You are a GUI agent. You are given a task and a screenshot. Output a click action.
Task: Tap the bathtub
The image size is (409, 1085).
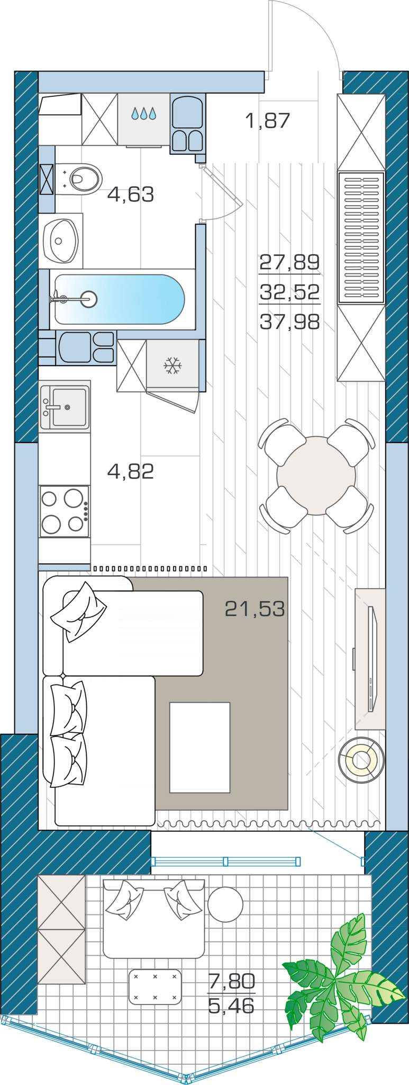[120, 299]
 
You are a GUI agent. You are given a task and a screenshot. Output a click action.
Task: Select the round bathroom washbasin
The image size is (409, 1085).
[61, 241]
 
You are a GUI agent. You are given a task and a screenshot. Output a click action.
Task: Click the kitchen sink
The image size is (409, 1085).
[64, 406]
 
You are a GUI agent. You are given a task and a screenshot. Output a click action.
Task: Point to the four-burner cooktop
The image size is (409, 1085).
[64, 512]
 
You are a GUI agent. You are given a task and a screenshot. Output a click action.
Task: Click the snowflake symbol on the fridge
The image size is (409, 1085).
[172, 366]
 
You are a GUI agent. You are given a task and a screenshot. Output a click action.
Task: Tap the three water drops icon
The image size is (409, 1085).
[144, 113]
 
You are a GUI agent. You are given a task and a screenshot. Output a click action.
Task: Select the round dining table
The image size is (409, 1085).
[316, 475]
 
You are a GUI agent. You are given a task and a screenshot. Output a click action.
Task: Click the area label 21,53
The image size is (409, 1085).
[255, 609]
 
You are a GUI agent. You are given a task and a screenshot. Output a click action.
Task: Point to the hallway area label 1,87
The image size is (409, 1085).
[268, 121]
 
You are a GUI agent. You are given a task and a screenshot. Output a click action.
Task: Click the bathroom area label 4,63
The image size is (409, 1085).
[131, 194]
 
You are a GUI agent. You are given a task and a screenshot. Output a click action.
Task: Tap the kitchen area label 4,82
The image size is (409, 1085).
[131, 471]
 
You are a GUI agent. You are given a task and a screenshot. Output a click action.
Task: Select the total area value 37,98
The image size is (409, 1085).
[290, 321]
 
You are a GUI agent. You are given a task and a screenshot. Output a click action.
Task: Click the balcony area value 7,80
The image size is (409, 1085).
[232, 982]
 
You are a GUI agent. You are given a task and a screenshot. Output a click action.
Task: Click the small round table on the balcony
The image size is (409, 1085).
[225, 904]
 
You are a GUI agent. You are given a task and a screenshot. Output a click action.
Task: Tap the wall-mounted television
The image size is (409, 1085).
[372, 659]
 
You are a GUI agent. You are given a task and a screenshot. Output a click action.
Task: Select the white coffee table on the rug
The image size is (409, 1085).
[200, 748]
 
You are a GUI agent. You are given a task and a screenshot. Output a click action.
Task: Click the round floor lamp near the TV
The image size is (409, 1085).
[361, 760]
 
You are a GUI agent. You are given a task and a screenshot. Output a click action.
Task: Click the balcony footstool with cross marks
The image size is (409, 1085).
[155, 987]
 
